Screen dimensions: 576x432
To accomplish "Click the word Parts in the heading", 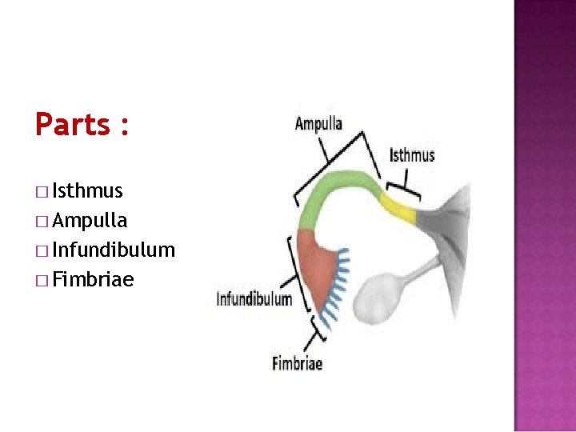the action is coord(72,125).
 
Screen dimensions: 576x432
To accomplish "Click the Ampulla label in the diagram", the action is coord(318,124).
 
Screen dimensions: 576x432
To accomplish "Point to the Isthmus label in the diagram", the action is coord(412,154).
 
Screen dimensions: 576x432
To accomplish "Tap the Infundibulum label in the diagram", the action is coord(254,300).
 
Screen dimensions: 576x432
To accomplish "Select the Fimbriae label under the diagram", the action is coord(297,363).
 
